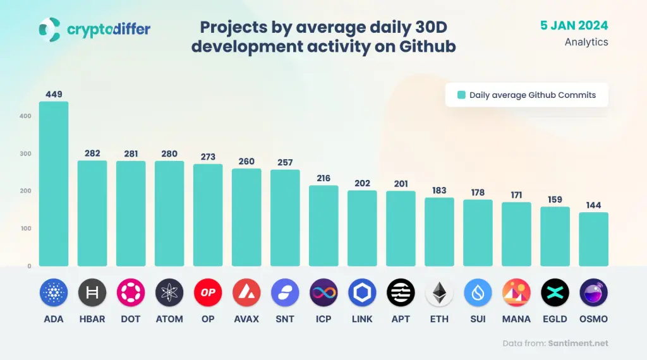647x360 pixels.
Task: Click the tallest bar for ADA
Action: point(54,184)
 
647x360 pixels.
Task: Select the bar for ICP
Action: point(323,225)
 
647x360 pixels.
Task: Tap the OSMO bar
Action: point(594,239)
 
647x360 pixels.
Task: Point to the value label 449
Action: point(54,95)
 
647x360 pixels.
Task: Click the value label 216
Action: point(323,179)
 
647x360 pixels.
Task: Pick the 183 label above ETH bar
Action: point(439,191)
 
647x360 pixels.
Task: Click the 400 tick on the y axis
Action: point(25,116)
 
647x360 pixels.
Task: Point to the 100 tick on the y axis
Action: point(25,228)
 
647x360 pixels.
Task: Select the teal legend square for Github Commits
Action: point(461,95)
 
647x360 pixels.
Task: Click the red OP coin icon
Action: point(208,292)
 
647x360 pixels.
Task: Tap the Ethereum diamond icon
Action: point(439,292)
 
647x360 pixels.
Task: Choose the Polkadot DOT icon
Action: point(131,292)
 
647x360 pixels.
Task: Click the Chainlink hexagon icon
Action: point(362,292)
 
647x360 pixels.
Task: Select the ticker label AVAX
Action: point(246,319)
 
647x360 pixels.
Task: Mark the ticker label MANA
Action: point(516,319)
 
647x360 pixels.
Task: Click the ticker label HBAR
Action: point(92,319)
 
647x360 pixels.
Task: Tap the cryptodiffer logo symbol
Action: point(49,28)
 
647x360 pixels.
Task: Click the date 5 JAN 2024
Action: point(574,25)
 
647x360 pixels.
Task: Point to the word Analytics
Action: point(586,42)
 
